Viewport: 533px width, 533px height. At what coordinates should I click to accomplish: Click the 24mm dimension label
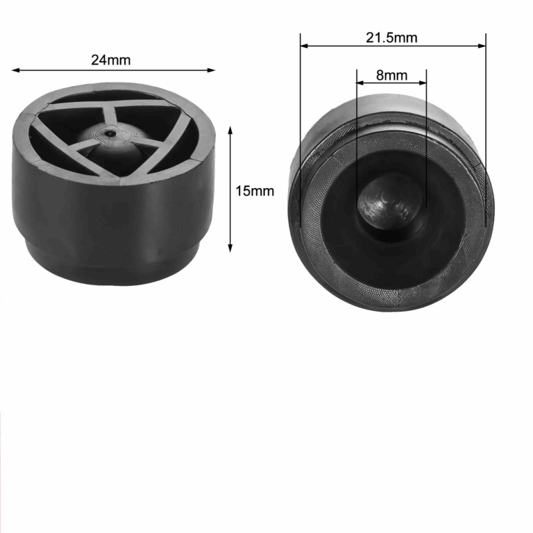pyautogui.click(x=111, y=60)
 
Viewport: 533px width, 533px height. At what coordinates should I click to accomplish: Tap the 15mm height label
pyautogui.click(x=255, y=191)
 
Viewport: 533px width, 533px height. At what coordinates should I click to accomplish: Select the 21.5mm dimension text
pyautogui.click(x=391, y=37)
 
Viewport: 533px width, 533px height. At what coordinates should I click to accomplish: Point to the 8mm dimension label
pyautogui.click(x=391, y=75)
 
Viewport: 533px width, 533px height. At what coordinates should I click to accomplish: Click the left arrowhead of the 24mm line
pyautogui.click(x=15, y=70)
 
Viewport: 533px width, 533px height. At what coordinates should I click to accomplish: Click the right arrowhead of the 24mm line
pyautogui.click(x=212, y=70)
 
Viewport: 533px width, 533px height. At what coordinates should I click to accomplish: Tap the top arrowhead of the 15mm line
pyautogui.click(x=230, y=130)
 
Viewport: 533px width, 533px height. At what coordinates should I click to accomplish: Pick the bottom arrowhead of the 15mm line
pyautogui.click(x=230, y=248)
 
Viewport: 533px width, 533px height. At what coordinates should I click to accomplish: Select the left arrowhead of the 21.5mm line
pyautogui.click(x=304, y=46)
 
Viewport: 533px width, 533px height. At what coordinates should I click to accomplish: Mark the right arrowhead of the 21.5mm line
pyautogui.click(x=482, y=46)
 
